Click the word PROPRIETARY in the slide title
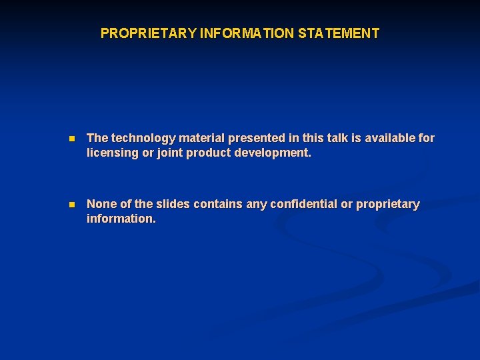(148, 33)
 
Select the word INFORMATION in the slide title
(247, 33)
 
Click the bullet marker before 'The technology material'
(72, 139)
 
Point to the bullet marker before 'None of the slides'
(72, 205)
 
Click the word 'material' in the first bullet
(201, 139)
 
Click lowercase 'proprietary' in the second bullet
(388, 205)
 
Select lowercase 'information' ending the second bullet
(121, 219)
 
